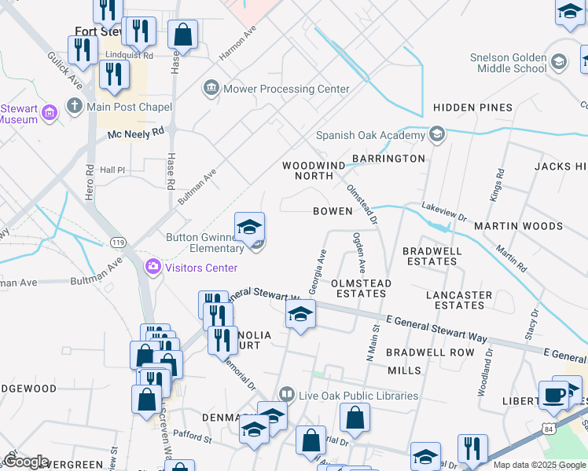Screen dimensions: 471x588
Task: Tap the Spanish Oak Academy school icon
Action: pyautogui.click(x=438, y=135)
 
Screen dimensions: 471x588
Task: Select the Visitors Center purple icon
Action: pyautogui.click(x=153, y=268)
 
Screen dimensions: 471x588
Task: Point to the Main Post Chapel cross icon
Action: pyautogui.click(x=75, y=105)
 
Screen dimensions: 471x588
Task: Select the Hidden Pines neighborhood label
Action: pyautogui.click(x=472, y=108)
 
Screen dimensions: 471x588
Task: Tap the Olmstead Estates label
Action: pyautogui.click(x=358, y=287)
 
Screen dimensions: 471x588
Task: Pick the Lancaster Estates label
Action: pyautogui.click(x=459, y=300)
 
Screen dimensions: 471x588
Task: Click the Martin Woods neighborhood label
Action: pyautogui.click(x=518, y=226)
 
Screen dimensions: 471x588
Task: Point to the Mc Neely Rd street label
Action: pyautogui.click(x=136, y=133)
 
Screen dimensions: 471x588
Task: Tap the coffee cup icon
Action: pyautogui.click(x=553, y=394)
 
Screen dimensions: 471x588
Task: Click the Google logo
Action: pyautogui.click(x=27, y=462)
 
